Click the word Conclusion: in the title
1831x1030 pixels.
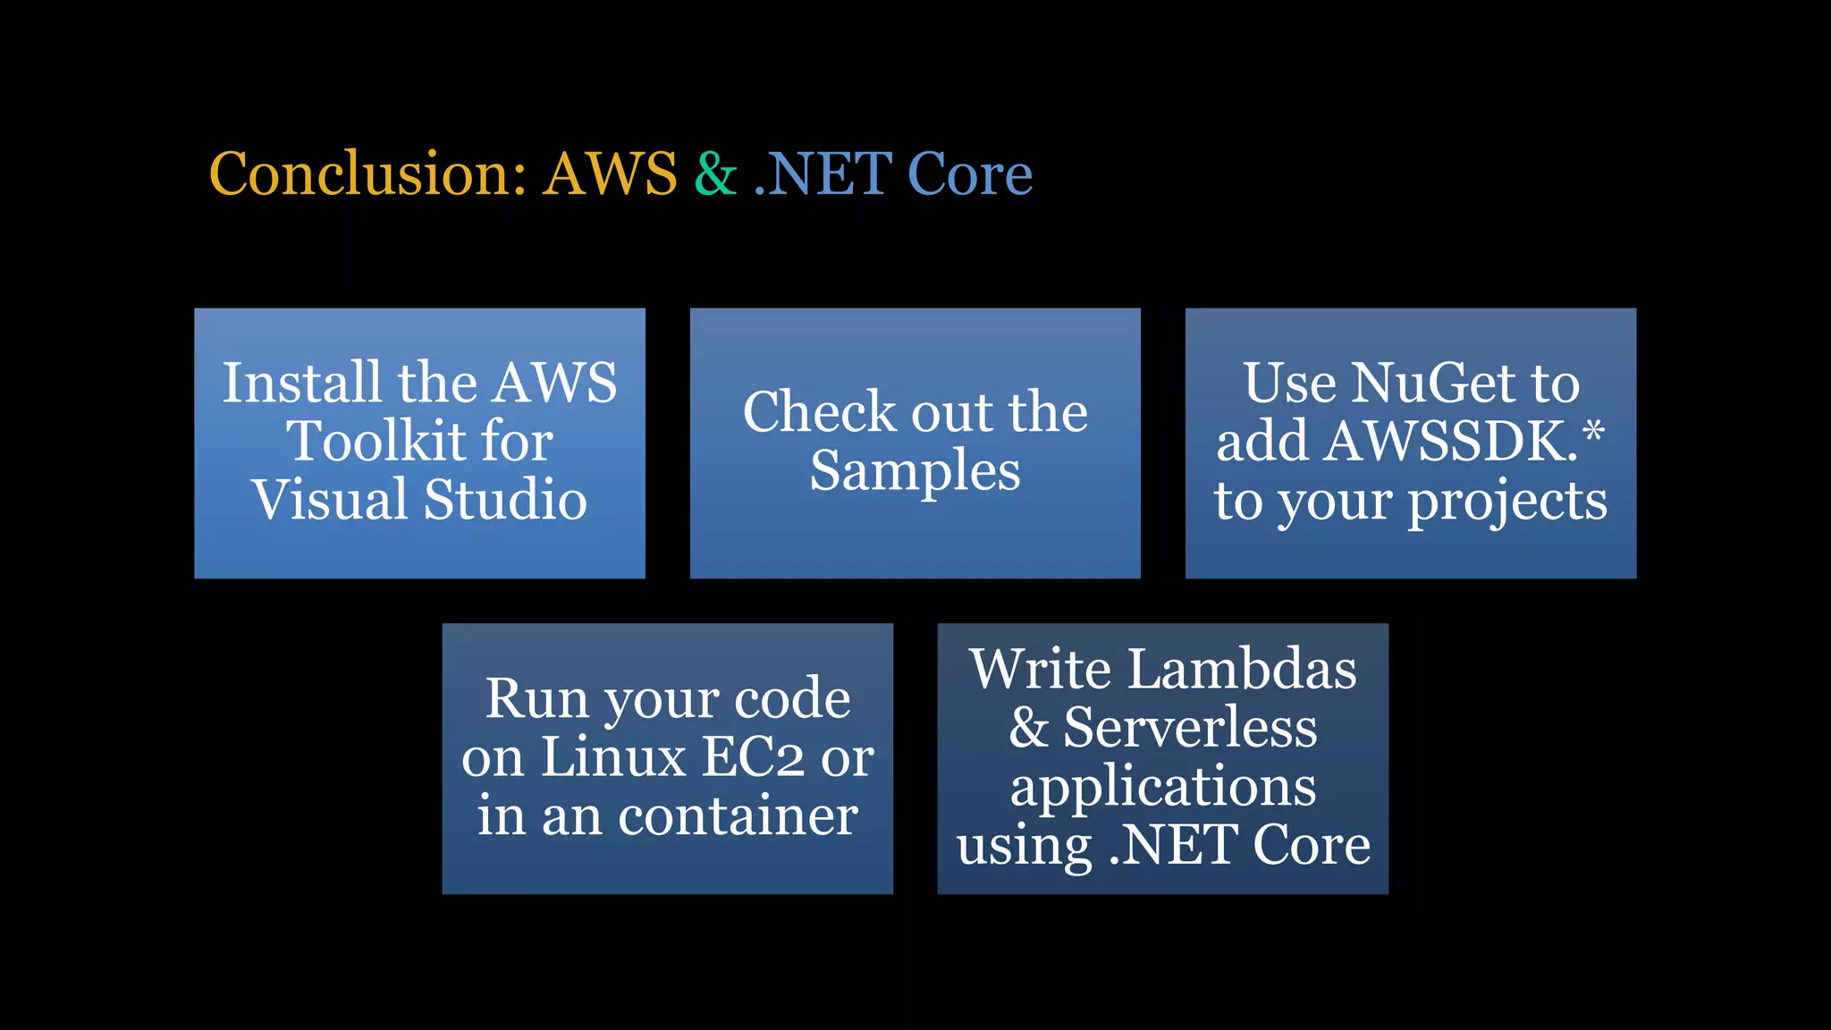[367, 173]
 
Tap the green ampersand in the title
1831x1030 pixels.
[715, 173]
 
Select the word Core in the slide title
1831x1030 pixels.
[970, 173]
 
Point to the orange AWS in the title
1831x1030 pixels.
[611, 173]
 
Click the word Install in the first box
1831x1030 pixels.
[302, 383]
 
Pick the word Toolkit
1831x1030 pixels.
[375, 441]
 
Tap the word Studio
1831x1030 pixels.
[505, 499]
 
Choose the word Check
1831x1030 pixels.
[819, 412]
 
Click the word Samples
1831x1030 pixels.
[915, 471]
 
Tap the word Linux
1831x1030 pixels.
[613, 757]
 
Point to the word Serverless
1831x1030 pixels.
[1190, 727]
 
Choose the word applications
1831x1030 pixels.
[1162, 788]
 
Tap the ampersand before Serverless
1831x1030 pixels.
[1028, 727]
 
